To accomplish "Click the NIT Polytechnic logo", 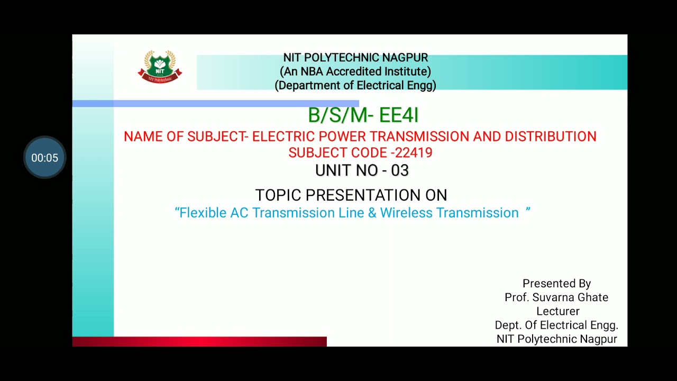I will (x=160, y=67).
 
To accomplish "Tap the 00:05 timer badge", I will (x=44, y=158).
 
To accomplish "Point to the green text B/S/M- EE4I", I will (x=363, y=115).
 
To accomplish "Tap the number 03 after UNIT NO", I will (x=400, y=170).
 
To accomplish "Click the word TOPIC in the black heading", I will (x=279, y=195).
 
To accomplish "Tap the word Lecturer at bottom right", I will (x=557, y=311).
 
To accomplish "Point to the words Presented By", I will (x=556, y=284).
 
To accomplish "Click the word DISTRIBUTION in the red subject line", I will (x=550, y=137).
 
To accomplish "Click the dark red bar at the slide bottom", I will (x=199, y=342).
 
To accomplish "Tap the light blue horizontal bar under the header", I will (x=215, y=104).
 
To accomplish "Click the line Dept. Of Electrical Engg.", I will (x=556, y=325).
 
